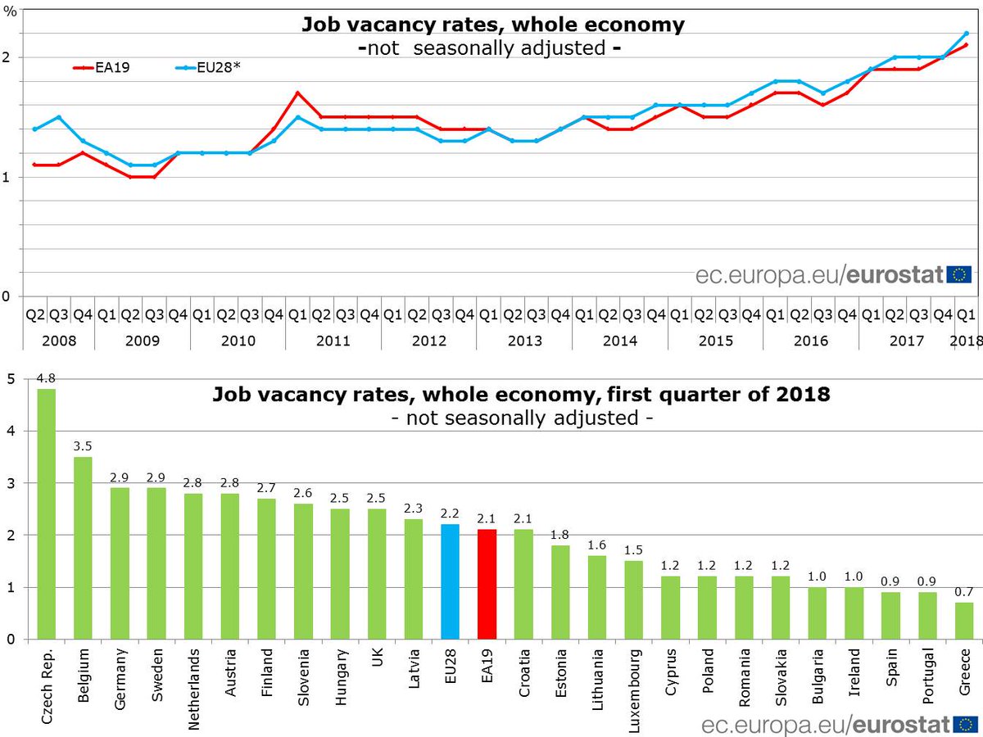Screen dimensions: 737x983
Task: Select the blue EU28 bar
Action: tap(450, 581)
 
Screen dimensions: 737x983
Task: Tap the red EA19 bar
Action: tap(487, 584)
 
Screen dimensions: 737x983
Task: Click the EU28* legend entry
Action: tap(206, 69)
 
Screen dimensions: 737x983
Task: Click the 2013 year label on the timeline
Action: tap(524, 340)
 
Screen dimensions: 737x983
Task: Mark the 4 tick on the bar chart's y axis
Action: tap(10, 431)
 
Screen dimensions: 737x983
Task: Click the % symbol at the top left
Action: tap(10, 13)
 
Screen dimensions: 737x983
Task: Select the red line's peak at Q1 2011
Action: tap(297, 93)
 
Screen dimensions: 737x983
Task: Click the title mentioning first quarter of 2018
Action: tap(521, 395)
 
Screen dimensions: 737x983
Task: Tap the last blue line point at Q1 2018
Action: tap(967, 33)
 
